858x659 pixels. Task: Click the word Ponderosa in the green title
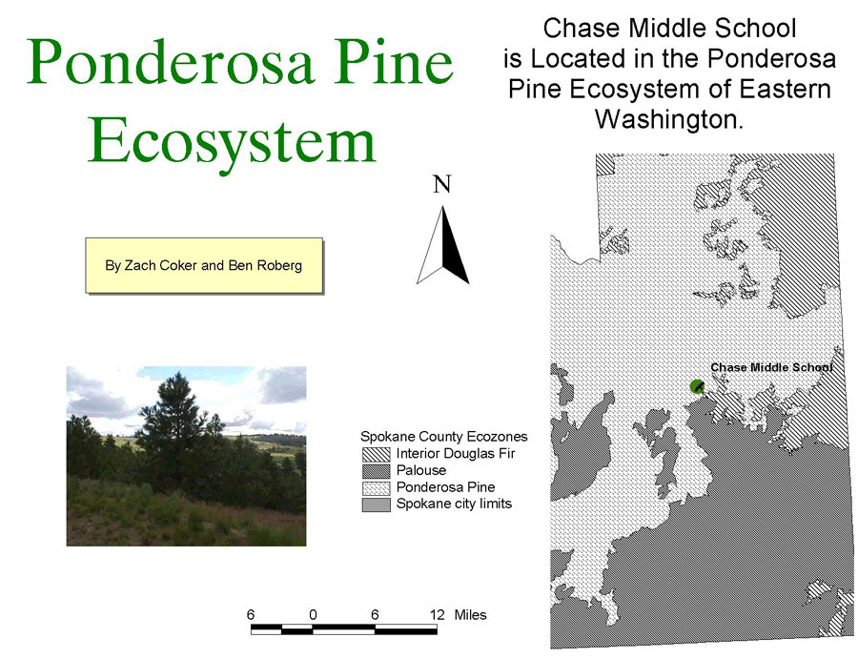[171, 61]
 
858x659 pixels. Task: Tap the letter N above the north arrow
[442, 184]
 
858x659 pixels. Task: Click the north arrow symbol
[442, 245]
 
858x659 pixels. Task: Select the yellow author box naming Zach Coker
[204, 265]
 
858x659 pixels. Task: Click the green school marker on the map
[697, 387]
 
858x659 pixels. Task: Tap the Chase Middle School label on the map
[771, 367]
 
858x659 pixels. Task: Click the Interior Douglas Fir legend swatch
[376, 454]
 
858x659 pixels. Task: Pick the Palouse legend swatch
[376, 471]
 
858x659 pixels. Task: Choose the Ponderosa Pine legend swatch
[376, 487]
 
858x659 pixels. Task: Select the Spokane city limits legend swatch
[376, 505]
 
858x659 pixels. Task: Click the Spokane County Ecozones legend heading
[443, 436]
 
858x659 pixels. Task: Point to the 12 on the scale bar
[438, 615]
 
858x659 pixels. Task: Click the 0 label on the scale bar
[313, 615]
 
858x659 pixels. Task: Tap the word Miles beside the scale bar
[470, 615]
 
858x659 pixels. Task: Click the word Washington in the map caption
[668, 119]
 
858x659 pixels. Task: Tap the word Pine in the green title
[395, 61]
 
